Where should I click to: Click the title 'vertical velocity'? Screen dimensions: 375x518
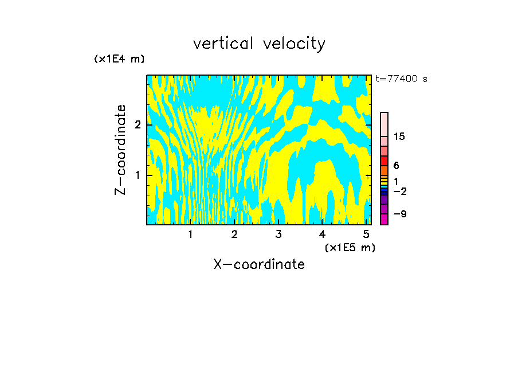(259, 44)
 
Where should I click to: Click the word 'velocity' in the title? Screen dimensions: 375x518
(293, 44)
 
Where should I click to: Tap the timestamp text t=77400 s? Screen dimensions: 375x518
(401, 79)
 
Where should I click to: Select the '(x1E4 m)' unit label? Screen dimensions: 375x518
(119, 59)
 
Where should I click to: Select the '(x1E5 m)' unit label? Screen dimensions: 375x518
(350, 248)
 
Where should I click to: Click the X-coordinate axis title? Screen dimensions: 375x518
(259, 264)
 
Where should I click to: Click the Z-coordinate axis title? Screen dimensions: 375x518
(120, 150)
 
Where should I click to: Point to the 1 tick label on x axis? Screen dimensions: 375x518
(191, 235)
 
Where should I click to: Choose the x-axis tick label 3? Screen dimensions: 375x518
(278, 235)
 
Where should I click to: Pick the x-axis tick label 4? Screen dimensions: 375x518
(322, 235)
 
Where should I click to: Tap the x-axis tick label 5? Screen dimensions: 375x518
(366, 235)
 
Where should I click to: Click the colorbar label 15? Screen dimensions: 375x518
(399, 136)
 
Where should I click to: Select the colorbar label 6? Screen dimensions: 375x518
(396, 166)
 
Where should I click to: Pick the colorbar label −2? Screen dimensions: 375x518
(399, 191)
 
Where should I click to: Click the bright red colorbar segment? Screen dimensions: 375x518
(384, 161)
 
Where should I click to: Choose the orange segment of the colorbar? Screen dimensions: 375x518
(384, 170)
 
